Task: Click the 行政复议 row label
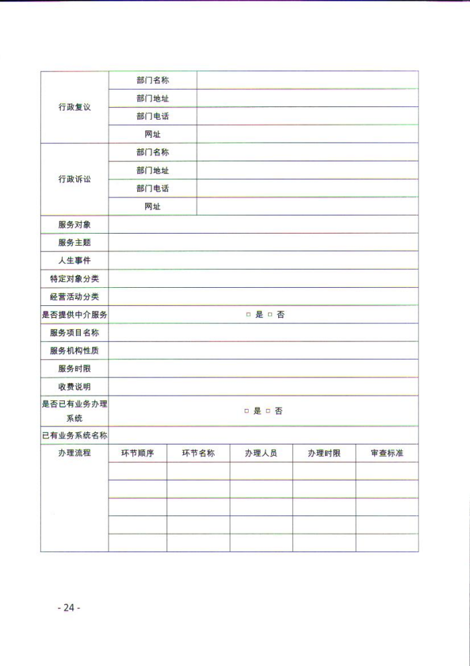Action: [74, 107]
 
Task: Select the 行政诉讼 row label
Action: [74, 179]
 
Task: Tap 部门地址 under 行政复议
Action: [152, 98]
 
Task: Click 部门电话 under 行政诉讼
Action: [152, 189]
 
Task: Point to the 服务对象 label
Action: [74, 225]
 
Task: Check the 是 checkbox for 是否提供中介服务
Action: [248, 315]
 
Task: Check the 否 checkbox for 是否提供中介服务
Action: [270, 315]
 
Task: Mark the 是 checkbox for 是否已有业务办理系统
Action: [246, 411]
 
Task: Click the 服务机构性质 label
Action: [74, 351]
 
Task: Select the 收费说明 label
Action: [74, 387]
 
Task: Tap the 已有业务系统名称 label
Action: [74, 436]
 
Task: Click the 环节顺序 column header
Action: [138, 454]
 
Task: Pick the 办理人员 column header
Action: [261, 454]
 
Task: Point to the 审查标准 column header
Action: [387, 454]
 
